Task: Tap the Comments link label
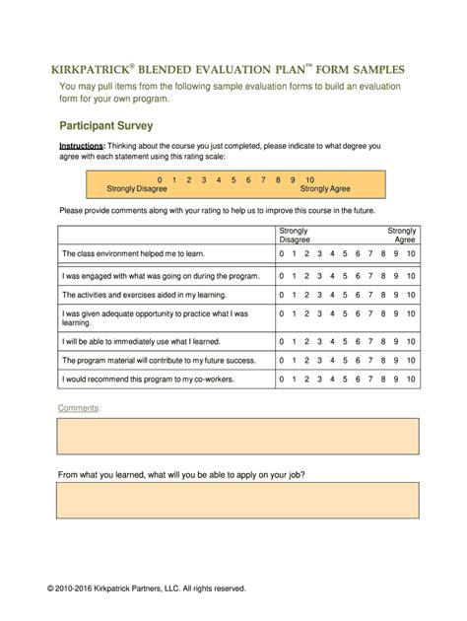78,407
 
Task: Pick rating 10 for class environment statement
411,254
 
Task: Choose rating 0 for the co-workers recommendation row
282,379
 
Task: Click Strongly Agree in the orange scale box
325,188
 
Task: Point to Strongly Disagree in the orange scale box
137,188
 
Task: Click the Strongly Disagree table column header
295,234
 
